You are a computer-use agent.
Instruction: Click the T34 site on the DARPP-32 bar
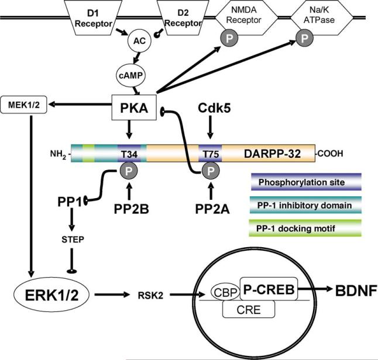(x=128, y=154)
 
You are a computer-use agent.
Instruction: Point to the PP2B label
(x=128, y=206)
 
